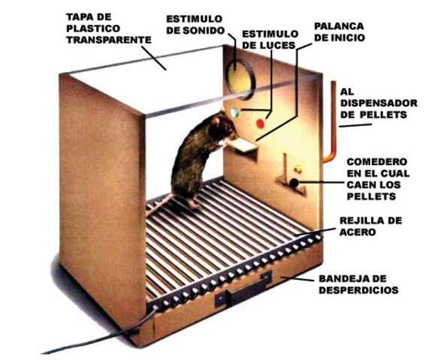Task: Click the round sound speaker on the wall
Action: [240, 75]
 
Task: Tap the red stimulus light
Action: [260, 121]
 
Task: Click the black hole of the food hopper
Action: [294, 182]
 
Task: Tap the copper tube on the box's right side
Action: [331, 120]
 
